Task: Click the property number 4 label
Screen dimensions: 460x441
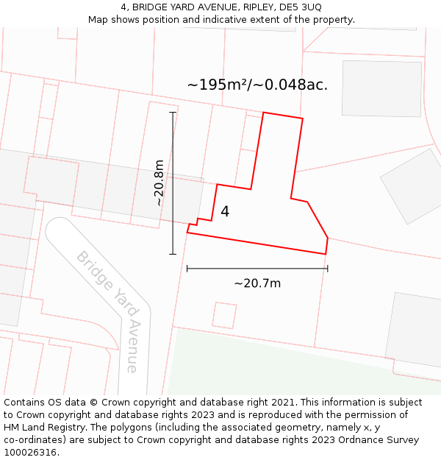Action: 225,212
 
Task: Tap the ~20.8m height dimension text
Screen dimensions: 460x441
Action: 159,183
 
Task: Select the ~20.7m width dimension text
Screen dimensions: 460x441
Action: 257,283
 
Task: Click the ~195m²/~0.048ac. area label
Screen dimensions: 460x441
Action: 257,85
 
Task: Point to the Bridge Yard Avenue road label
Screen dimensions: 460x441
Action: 107,310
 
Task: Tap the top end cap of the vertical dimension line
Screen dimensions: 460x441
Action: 173,113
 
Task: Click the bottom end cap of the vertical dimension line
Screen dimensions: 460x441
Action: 173,255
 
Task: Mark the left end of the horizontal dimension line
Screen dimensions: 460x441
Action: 187,269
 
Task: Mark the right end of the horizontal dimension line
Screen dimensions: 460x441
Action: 327,269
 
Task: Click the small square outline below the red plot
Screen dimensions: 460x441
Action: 224,315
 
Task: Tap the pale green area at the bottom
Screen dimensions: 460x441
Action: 279,368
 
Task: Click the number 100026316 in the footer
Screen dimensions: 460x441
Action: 29,453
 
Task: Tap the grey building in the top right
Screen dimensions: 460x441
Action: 381,88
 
